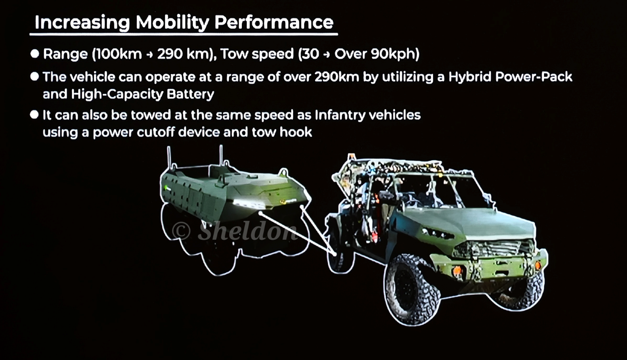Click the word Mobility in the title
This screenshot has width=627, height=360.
pos(172,22)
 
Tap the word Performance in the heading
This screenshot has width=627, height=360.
pos(274,22)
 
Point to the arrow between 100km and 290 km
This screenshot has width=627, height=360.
pos(149,54)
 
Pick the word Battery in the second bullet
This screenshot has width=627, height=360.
pos(190,94)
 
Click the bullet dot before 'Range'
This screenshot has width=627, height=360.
pos(35,54)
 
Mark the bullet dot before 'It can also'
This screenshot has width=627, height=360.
pos(34,115)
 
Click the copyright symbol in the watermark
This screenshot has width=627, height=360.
pos(181,231)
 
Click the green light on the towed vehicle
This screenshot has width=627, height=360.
pos(166,187)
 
